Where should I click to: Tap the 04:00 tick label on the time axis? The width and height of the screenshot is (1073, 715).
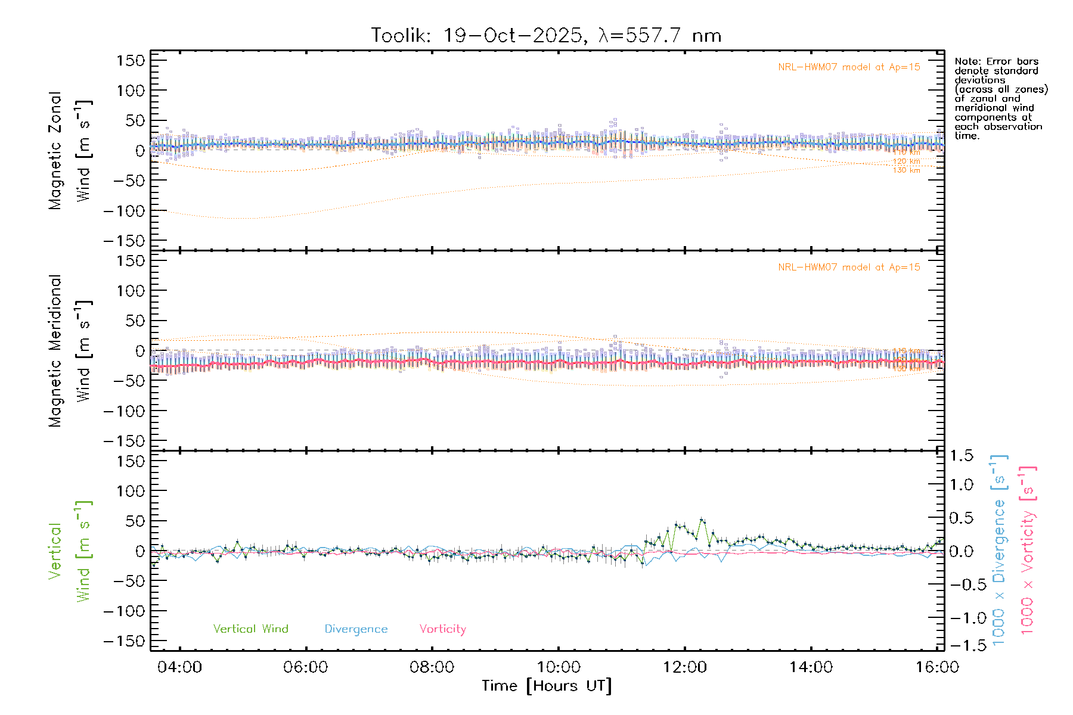click(179, 667)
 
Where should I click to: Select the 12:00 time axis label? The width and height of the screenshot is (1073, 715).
click(684, 667)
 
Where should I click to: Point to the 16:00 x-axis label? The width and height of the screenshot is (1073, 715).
click(937, 667)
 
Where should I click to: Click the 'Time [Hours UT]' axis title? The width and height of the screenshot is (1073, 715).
click(547, 686)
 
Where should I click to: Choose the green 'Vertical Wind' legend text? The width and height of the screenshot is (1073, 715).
click(250, 629)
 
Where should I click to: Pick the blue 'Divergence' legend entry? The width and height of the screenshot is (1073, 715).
click(356, 629)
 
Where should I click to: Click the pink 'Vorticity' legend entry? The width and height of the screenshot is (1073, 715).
click(442, 629)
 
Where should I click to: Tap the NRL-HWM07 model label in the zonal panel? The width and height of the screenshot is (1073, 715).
click(849, 67)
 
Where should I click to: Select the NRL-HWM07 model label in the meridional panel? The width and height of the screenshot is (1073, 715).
click(849, 268)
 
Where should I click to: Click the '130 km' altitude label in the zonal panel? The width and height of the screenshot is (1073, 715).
click(906, 170)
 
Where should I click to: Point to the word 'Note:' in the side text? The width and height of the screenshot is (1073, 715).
click(966, 61)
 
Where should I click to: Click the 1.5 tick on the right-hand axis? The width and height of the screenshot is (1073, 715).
click(962, 456)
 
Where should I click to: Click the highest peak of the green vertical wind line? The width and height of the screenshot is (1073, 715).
click(702, 519)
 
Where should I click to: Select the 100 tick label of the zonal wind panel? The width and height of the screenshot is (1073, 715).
click(131, 91)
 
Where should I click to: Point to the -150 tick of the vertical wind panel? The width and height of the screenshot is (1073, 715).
click(124, 642)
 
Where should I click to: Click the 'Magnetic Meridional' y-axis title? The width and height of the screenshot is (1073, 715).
click(55, 351)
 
